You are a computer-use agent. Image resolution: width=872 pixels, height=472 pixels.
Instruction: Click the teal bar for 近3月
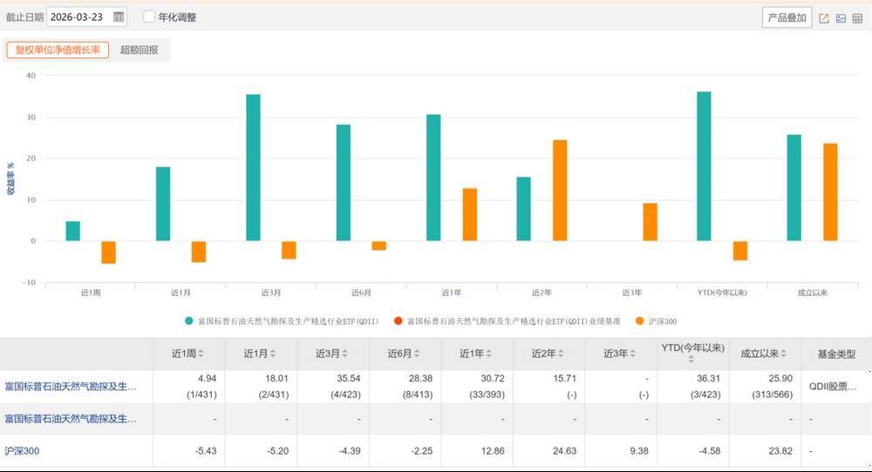click(x=253, y=167)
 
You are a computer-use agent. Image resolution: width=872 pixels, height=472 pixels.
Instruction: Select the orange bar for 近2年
click(x=560, y=190)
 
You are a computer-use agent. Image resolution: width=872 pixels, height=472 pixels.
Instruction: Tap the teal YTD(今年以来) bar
click(x=704, y=165)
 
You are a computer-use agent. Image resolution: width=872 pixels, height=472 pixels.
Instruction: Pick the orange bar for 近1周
click(x=109, y=252)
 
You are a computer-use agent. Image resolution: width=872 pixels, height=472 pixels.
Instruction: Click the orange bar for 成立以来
click(x=830, y=192)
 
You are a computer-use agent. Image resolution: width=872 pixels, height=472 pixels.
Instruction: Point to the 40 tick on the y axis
click(x=31, y=76)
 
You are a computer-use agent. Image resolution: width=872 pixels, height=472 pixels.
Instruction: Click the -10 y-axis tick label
click(x=29, y=282)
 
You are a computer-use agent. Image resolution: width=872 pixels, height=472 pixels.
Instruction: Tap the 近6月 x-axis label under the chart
click(x=361, y=293)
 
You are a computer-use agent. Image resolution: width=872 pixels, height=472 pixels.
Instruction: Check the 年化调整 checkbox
click(x=149, y=17)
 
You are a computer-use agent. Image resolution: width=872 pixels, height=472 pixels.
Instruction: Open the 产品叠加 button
click(x=787, y=17)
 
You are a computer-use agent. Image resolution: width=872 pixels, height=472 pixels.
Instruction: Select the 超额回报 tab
click(x=140, y=50)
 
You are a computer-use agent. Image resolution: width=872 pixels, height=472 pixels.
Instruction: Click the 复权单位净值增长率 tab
click(x=58, y=50)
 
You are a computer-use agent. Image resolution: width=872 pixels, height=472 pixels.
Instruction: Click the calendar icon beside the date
click(x=119, y=17)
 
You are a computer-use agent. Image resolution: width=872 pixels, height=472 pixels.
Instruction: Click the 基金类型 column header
click(x=836, y=354)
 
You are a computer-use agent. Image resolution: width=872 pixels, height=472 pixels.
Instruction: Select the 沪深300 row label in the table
click(x=22, y=451)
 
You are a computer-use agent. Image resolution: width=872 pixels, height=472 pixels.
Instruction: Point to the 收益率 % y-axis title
click(x=10, y=178)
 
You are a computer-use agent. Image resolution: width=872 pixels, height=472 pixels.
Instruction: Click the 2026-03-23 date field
click(x=78, y=17)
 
